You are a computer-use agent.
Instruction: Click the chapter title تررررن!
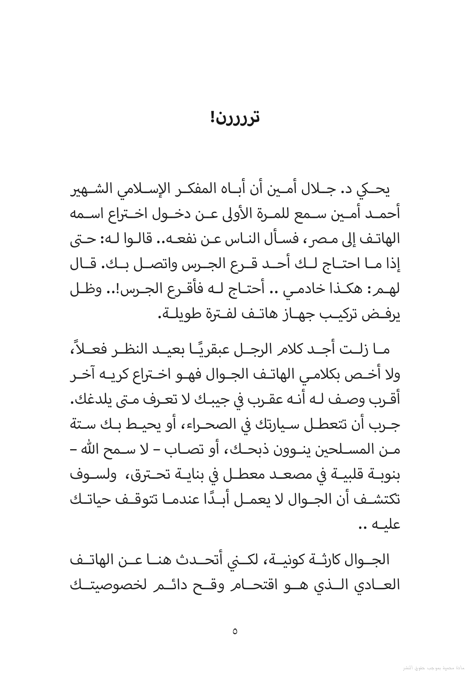(x=235, y=118)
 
